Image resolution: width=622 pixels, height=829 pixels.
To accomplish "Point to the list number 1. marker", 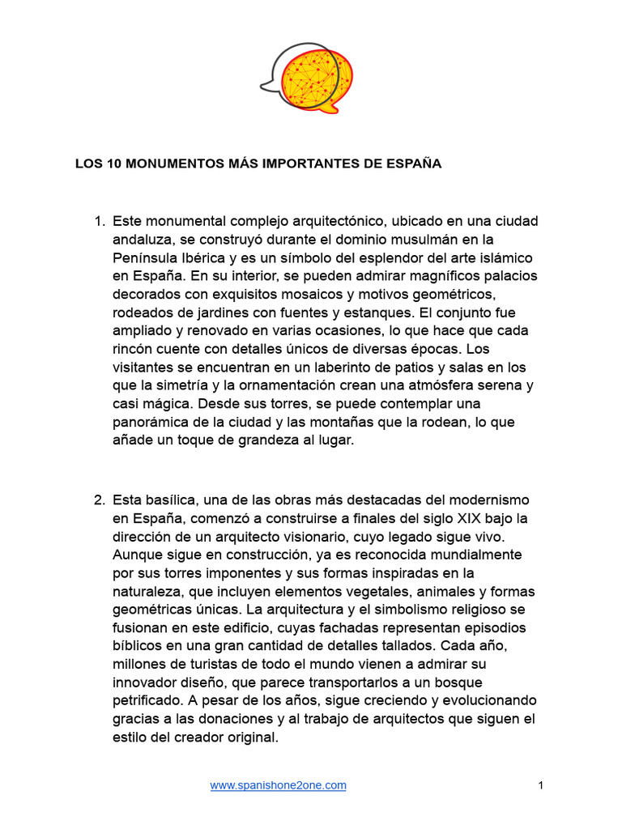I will tap(99, 222).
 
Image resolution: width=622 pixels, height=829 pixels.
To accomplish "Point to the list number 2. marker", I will tap(99, 500).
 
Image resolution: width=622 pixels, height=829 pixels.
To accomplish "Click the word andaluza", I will tap(143, 240).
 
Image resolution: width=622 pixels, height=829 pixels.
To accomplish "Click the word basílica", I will tap(161, 500).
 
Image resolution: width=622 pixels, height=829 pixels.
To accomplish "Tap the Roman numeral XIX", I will tap(465, 518).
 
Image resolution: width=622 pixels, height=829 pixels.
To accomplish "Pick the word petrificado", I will tap(149, 700).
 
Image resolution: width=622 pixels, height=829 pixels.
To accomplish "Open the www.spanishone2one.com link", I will tap(278, 785).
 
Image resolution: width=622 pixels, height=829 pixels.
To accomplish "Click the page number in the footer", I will tap(540, 785).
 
